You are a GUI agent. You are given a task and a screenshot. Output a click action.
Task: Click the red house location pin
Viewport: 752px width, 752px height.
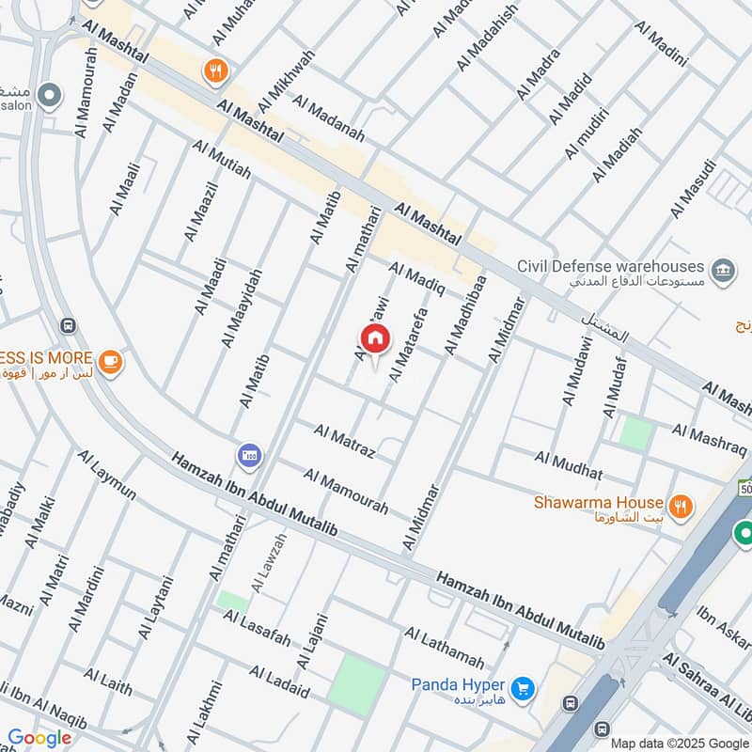[374, 339]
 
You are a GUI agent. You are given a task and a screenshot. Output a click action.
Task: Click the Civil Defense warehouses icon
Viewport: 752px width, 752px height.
[723, 269]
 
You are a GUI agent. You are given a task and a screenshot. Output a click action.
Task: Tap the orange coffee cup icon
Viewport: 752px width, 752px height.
[110, 361]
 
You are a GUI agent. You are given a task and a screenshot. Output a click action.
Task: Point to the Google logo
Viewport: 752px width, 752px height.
[39, 738]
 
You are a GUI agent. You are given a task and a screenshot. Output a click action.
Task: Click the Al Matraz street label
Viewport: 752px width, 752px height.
[345, 442]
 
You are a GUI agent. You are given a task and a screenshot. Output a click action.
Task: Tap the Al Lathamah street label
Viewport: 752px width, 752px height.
[445, 648]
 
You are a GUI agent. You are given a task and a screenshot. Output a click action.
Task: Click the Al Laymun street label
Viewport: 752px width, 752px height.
[107, 476]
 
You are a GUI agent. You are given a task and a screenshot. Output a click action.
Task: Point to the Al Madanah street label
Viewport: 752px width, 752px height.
[328, 118]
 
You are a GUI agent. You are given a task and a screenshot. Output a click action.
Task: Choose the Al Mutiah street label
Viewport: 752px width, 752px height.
[222, 160]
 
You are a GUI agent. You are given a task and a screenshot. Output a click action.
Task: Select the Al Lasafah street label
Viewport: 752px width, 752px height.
[257, 628]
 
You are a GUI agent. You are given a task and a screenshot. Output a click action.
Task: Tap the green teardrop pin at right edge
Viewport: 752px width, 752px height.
[744, 533]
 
